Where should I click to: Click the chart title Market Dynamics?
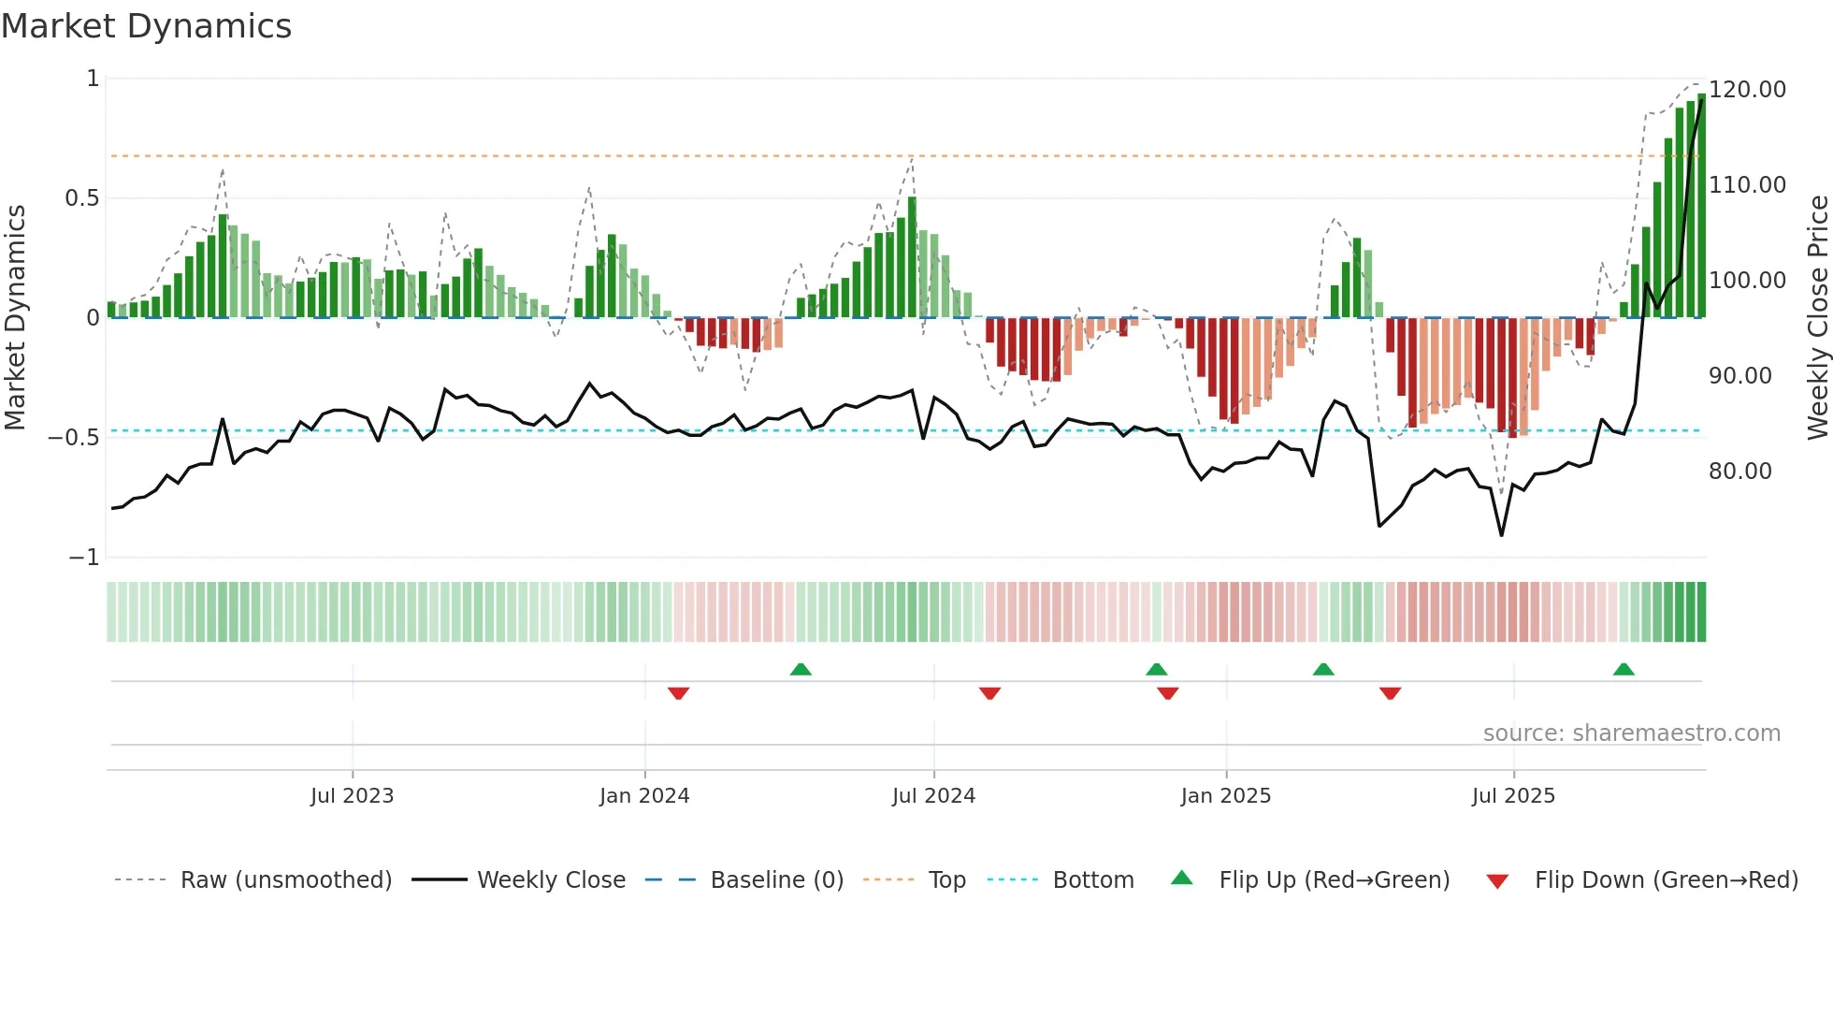click(146, 26)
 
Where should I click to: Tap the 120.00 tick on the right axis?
click(1747, 90)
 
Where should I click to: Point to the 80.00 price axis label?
click(1739, 472)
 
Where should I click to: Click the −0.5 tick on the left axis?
click(73, 438)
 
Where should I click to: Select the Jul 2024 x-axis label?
click(933, 796)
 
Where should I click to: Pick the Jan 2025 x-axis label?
click(1225, 796)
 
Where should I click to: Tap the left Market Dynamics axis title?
click(16, 318)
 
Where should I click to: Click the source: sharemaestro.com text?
click(1631, 733)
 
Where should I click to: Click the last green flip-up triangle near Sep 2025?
click(1624, 670)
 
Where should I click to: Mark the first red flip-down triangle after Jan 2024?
click(679, 693)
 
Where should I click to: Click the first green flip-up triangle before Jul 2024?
click(801, 670)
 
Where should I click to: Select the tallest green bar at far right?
click(1701, 206)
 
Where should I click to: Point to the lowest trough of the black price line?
click(1502, 535)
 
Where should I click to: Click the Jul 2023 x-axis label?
click(352, 796)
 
